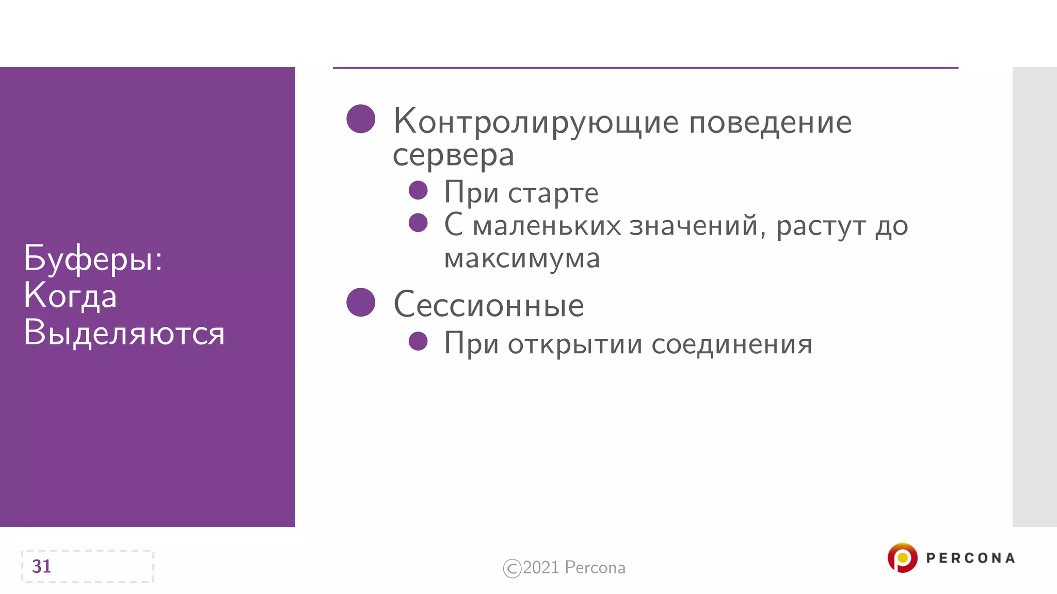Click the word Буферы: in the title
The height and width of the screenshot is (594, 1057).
click(x=93, y=259)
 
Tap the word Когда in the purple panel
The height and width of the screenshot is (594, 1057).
click(x=70, y=296)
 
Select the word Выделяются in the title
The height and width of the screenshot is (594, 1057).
click(x=124, y=333)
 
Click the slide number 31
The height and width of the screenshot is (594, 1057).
click(x=42, y=566)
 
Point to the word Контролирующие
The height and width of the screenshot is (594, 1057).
click(x=536, y=123)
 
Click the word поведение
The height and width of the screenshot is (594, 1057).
click(x=770, y=123)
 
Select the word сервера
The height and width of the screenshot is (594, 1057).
click(x=453, y=155)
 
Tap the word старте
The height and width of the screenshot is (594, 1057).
click(x=553, y=193)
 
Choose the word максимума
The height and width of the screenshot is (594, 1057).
click(x=522, y=258)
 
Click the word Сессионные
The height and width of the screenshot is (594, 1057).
click(x=488, y=305)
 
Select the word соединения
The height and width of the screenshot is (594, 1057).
click(x=732, y=344)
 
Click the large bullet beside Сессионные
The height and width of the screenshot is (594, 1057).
click(x=361, y=302)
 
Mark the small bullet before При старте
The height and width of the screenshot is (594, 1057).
click(x=418, y=190)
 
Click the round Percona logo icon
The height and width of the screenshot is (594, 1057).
click(x=902, y=557)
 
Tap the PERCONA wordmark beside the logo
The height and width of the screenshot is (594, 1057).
click(x=970, y=558)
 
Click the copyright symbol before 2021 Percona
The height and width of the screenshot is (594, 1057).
click(x=512, y=568)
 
